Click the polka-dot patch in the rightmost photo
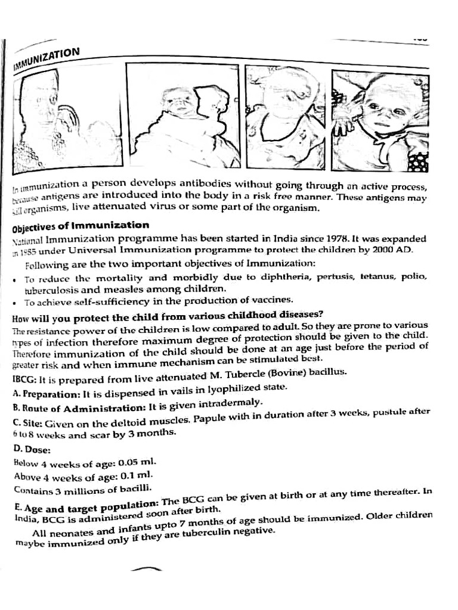click(x=419, y=161)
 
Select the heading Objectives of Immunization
click(x=81, y=226)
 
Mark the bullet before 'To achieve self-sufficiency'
click(x=15, y=303)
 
